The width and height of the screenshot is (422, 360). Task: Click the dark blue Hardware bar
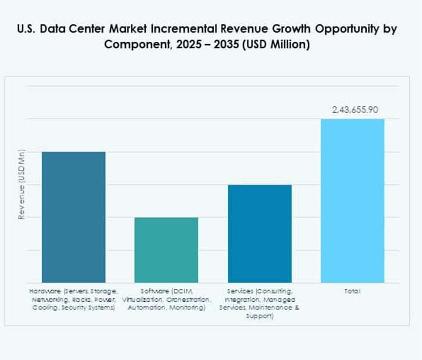73,217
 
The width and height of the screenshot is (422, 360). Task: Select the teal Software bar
166,250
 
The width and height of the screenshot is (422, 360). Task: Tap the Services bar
259,234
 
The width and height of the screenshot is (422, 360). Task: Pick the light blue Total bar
352,201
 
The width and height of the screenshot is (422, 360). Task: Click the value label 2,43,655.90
352,109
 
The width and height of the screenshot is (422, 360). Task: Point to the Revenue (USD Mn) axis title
22,184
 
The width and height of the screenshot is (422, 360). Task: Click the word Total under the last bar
352,291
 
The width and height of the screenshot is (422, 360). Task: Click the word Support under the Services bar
259,316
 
